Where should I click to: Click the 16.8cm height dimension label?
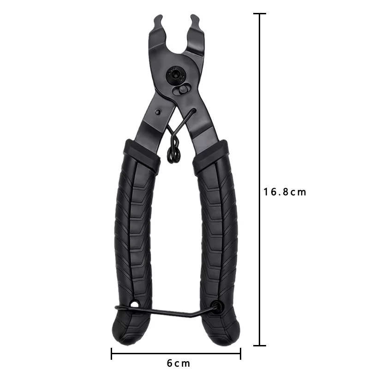(x=285, y=192)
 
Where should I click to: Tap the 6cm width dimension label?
(x=179, y=363)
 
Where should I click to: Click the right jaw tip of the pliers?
(x=195, y=18)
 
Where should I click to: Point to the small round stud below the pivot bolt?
(x=182, y=89)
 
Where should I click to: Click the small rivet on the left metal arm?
(x=158, y=112)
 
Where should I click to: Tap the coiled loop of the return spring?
(x=174, y=154)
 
